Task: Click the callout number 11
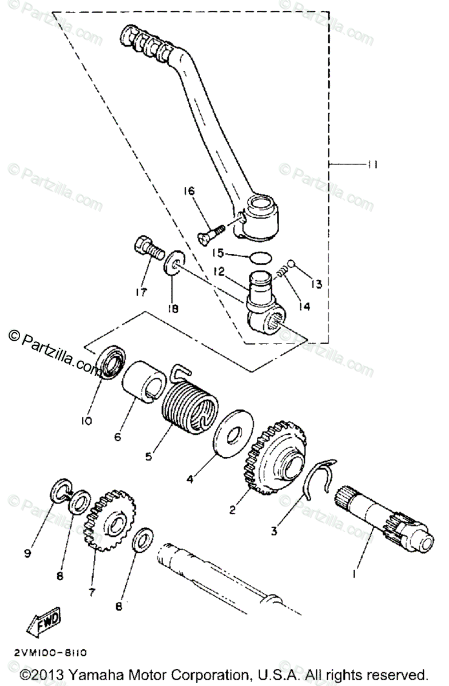[x=372, y=165]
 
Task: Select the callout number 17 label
[x=141, y=293]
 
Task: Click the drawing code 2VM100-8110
[x=49, y=652]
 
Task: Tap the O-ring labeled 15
[x=261, y=256]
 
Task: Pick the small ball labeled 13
[x=291, y=264]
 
